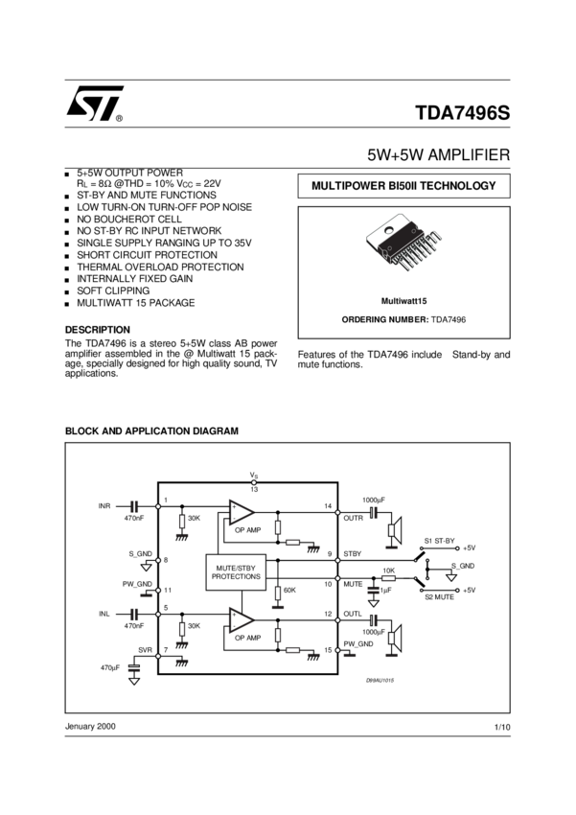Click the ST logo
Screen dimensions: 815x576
[x=93, y=105]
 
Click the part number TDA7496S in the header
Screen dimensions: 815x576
[x=463, y=112]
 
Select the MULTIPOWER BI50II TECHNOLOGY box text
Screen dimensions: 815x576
[x=403, y=185]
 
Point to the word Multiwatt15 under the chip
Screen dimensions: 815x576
[x=403, y=300]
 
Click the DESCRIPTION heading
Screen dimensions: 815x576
[x=97, y=329]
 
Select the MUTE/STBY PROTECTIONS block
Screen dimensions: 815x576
[x=236, y=572]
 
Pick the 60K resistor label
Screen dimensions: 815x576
[x=289, y=590]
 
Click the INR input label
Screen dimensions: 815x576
[x=104, y=505]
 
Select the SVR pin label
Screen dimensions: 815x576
[x=146, y=650]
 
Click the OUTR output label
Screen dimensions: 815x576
[x=354, y=519]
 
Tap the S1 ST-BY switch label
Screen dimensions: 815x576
[x=440, y=541]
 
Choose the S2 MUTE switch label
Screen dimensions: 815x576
[x=440, y=596]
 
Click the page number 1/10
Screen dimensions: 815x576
[x=502, y=729]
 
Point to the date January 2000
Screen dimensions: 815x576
[x=90, y=727]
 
